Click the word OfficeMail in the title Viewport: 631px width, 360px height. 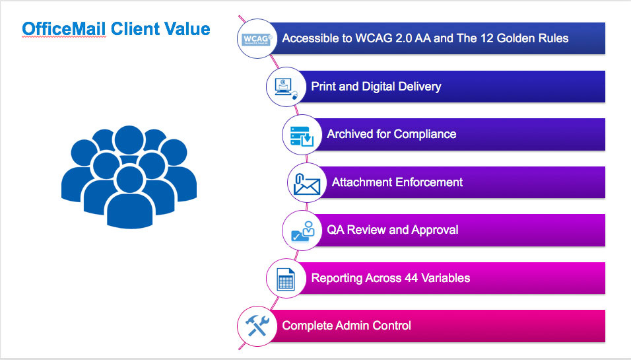[63, 29]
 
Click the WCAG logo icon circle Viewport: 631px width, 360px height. [254, 38]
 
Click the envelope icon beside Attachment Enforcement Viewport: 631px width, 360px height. [304, 182]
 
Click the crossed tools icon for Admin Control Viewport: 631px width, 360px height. [254, 326]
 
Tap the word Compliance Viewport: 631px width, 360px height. [425, 134]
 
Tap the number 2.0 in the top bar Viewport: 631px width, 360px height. [394, 38]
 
